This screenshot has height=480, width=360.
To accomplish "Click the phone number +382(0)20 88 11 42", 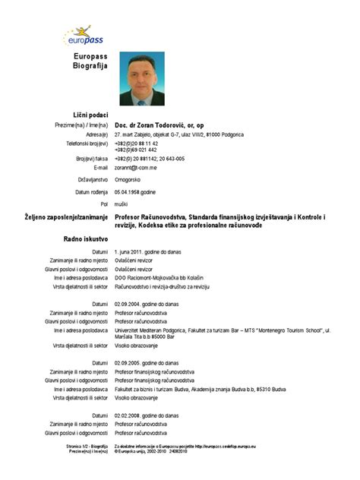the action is coord(137,143).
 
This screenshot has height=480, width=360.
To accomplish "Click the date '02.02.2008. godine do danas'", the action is coord(147,415).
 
